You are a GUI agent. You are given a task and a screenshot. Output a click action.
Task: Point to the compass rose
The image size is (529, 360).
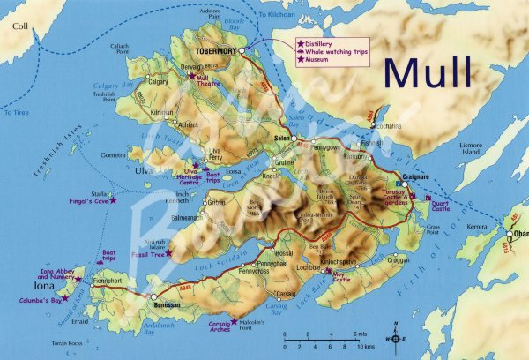[x=395, y=337]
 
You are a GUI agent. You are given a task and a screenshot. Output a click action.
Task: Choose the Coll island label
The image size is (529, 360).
[x=19, y=27]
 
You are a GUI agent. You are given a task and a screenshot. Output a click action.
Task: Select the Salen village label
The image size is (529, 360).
[x=282, y=139]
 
